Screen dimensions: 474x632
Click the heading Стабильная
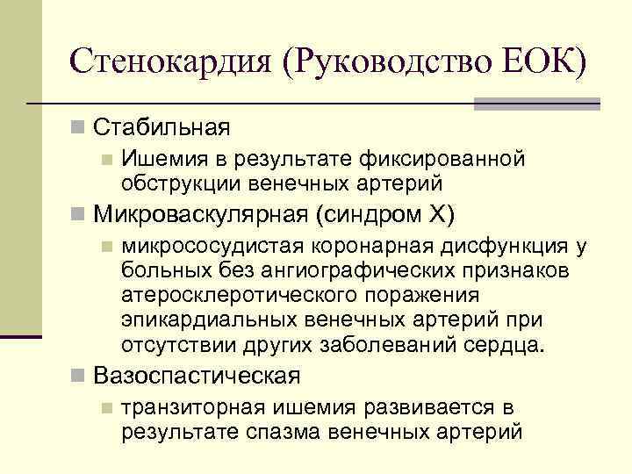coord(162,128)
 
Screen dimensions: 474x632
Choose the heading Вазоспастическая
coord(197,377)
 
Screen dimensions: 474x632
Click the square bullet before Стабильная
coord(80,128)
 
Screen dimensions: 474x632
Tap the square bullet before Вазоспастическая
coord(80,377)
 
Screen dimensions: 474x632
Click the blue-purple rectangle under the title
coord(537,104)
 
